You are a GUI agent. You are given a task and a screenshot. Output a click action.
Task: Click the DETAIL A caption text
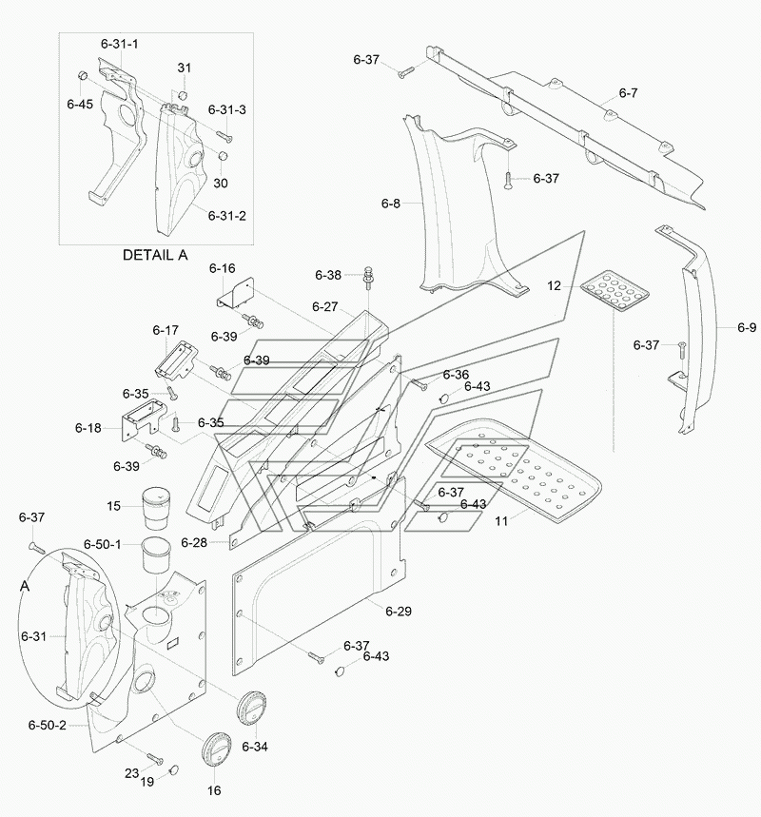pyautogui.click(x=155, y=255)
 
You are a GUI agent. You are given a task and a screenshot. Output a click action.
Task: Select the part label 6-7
pyautogui.click(x=628, y=93)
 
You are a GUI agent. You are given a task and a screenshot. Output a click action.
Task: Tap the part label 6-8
pyautogui.click(x=391, y=204)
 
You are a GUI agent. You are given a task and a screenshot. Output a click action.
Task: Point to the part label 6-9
pyautogui.click(x=747, y=328)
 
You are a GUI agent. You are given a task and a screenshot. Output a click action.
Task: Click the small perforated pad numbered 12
pyautogui.click(x=615, y=291)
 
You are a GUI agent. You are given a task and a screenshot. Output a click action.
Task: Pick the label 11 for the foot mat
pyautogui.click(x=501, y=521)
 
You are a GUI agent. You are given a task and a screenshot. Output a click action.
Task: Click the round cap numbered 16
pyautogui.click(x=216, y=749)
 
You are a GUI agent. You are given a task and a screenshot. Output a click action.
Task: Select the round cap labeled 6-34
pyautogui.click(x=252, y=709)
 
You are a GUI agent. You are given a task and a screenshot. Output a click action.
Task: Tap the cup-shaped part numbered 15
pyautogui.click(x=156, y=508)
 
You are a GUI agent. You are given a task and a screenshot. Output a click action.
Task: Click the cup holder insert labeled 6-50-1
pyautogui.click(x=156, y=555)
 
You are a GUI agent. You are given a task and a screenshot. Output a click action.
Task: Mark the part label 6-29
pyautogui.click(x=399, y=612)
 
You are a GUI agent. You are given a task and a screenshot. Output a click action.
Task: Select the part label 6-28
pyautogui.click(x=194, y=543)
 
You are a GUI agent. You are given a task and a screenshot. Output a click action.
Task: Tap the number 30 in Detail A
pyautogui.click(x=221, y=184)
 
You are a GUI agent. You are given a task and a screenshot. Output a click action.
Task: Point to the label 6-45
pyautogui.click(x=80, y=105)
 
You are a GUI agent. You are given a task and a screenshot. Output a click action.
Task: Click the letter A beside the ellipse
pyautogui.click(x=25, y=587)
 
